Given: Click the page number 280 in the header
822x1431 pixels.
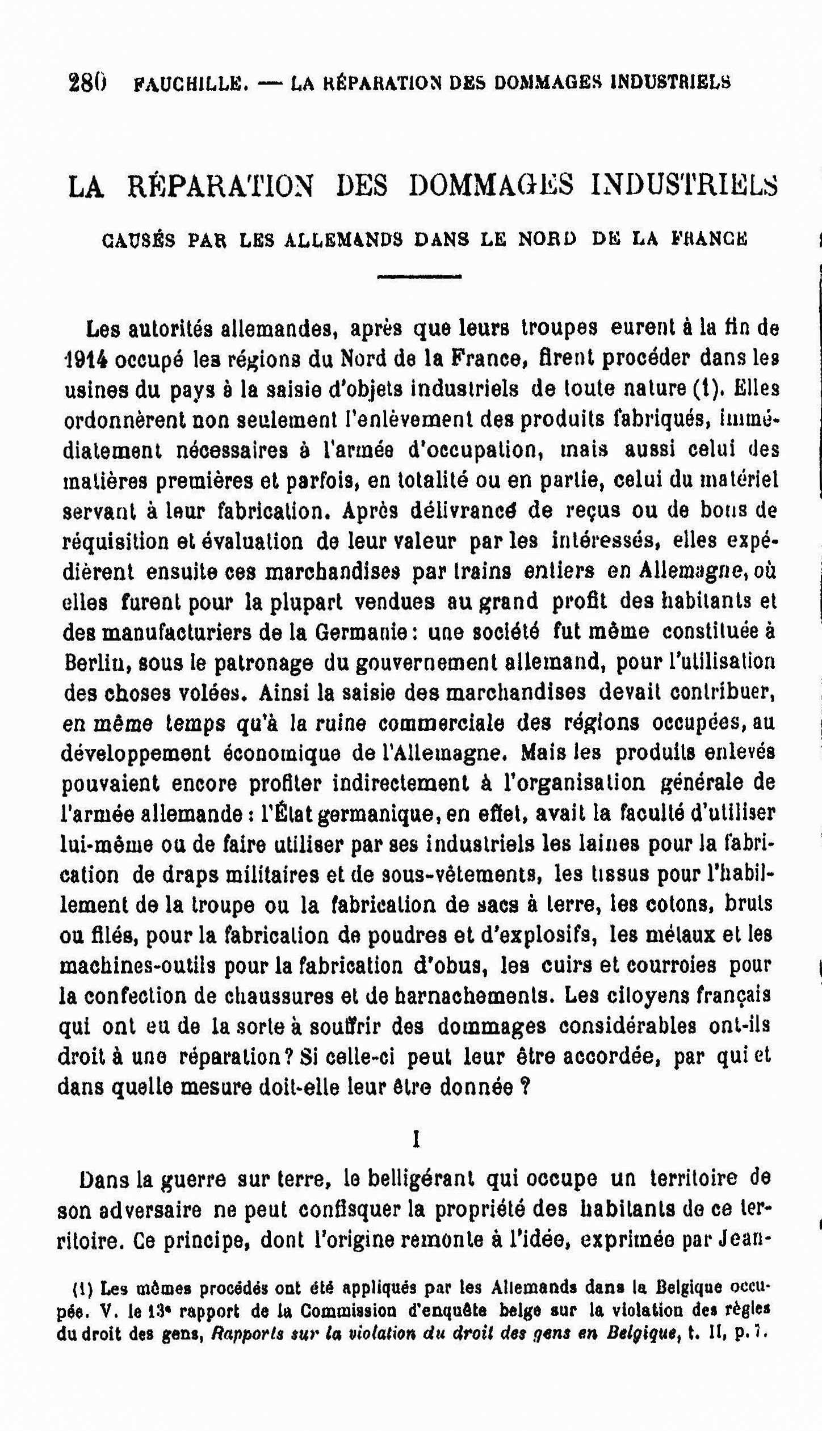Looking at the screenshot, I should click(87, 83).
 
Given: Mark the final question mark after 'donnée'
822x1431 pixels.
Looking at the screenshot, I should click(525, 1087).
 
